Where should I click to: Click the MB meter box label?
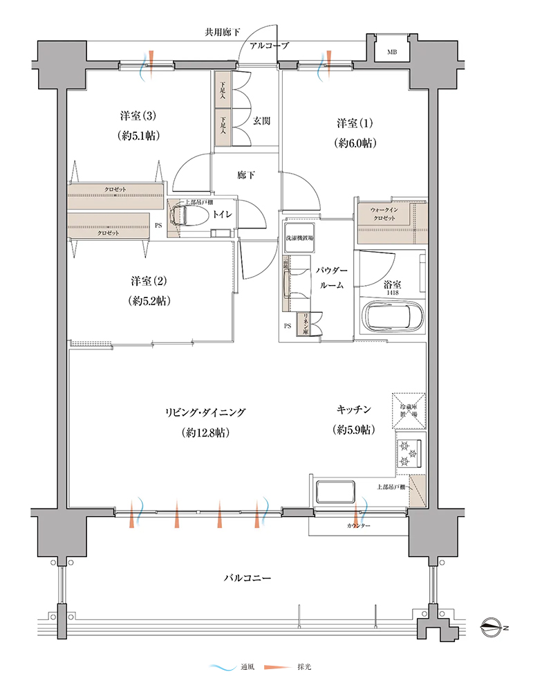click(x=392, y=52)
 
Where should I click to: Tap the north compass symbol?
click(x=492, y=628)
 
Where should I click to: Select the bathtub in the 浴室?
click(x=391, y=317)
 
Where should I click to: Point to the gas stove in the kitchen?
click(x=408, y=453)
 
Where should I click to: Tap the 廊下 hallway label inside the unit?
click(x=245, y=176)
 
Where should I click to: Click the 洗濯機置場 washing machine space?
click(x=299, y=239)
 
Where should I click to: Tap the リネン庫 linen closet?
click(x=302, y=325)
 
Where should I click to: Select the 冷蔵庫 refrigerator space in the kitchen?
click(x=409, y=409)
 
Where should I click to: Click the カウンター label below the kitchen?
click(x=358, y=526)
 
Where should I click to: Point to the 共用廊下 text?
click(x=223, y=33)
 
